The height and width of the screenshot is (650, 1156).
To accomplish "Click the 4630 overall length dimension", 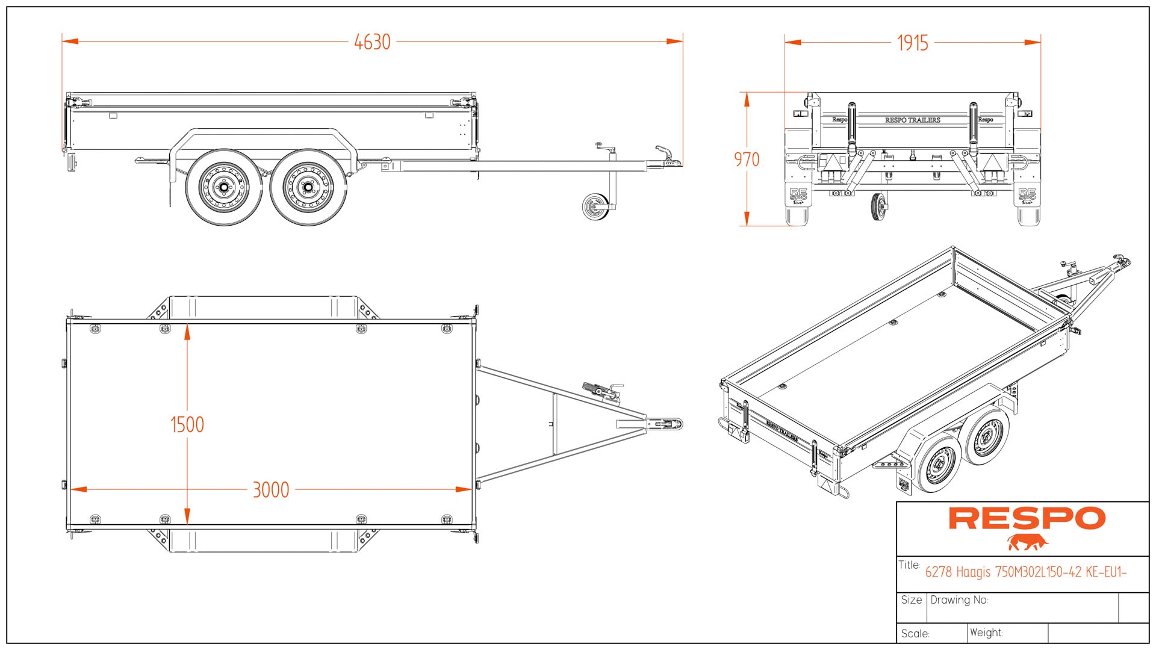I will pos(372,42).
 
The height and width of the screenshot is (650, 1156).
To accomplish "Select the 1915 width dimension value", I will pos(912,43).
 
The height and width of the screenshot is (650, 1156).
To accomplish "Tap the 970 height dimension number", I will pos(747,159).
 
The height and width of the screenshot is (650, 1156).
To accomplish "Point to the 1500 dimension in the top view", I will pos(187,425).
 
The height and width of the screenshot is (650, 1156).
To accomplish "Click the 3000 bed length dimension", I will pos(271,490).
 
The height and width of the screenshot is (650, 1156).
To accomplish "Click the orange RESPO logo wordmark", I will pos(1027,518).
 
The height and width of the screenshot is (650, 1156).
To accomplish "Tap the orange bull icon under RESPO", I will pos(1027,542).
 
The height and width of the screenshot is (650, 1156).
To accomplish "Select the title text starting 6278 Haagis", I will pos(1025,572).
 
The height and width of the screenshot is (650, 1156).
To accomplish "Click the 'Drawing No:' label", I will pos(959,600).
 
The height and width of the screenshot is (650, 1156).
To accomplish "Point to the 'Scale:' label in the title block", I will pos(915,634).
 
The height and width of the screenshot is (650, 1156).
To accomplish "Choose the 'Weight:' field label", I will pos(986,633).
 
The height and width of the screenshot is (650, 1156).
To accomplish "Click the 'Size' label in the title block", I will pos(911,600).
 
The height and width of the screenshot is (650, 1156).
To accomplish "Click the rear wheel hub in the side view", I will pos(224,188).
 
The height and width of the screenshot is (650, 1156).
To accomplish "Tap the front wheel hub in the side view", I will pos(308,188).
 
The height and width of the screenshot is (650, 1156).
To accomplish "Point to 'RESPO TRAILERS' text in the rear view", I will pos(912,120).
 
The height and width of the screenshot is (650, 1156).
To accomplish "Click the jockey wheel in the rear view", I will pos(878,206).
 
